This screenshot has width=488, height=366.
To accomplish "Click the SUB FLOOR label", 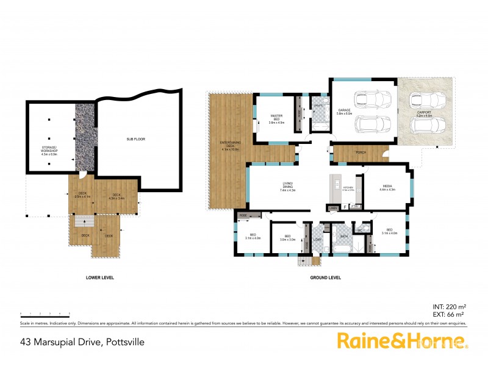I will point(135,139).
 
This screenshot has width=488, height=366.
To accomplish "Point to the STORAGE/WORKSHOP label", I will point(48,150).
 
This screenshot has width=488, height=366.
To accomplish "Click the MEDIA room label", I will point(388,186).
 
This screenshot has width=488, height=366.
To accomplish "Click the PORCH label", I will point(361,153).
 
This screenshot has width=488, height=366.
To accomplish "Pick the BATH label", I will point(343,236).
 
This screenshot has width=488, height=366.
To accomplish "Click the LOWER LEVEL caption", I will point(100,278).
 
